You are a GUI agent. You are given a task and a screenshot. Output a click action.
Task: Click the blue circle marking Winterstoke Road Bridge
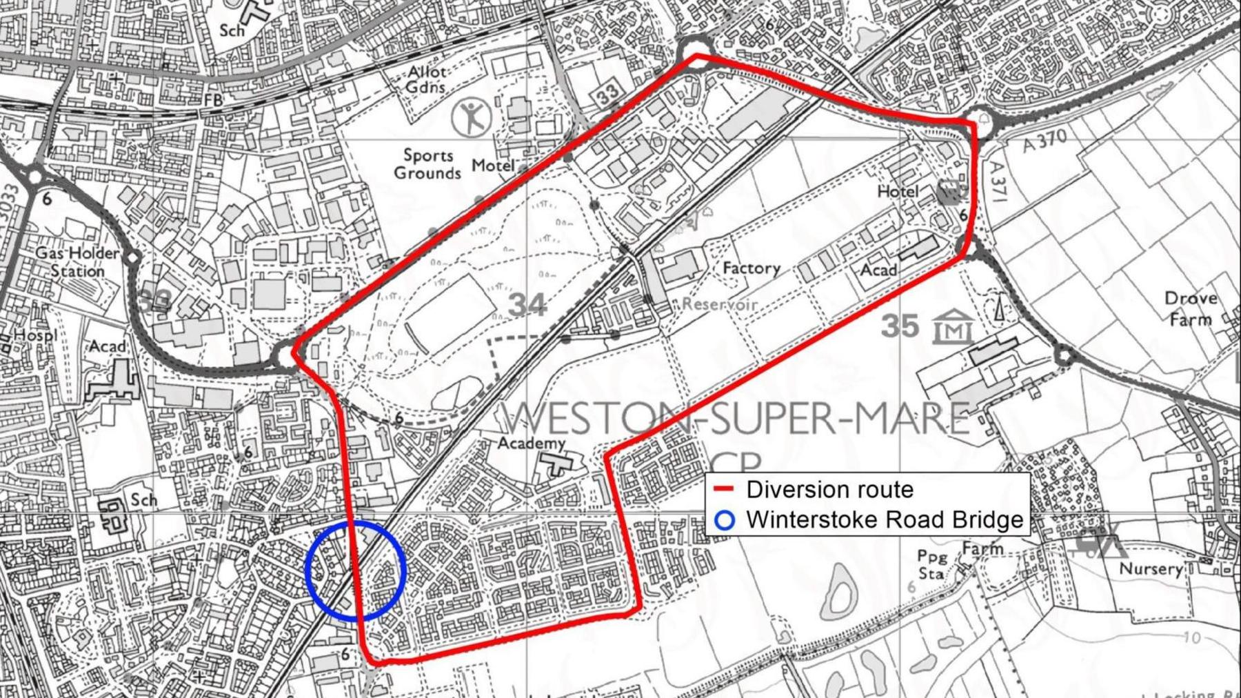point(355,570)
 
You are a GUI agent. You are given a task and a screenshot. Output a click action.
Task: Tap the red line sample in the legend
point(724,489)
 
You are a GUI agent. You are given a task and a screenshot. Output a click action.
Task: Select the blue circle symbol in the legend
point(724,520)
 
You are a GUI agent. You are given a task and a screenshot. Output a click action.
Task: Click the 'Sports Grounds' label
point(427,164)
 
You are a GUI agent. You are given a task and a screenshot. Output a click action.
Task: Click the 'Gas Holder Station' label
point(77,262)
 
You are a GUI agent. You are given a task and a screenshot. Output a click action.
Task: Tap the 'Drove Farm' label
point(1191,308)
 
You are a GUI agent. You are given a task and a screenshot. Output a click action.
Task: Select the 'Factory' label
point(751,268)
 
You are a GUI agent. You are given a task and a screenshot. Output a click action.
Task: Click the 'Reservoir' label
point(720,304)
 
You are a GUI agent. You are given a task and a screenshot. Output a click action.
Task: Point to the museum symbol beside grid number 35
point(954,326)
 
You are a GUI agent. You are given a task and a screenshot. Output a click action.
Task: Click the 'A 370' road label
point(1045,141)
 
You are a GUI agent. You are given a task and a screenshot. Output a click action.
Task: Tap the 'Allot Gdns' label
point(426,79)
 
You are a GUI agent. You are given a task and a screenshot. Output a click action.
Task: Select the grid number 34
point(527,304)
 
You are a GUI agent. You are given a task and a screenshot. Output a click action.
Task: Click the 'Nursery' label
point(1151,569)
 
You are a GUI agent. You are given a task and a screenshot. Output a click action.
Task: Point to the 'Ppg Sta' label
point(932,564)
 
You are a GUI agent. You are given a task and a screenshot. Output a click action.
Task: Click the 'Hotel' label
point(898,191)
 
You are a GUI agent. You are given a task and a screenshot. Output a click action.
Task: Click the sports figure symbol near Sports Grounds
point(472,117)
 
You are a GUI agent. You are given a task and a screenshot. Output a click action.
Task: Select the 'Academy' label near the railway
point(532,442)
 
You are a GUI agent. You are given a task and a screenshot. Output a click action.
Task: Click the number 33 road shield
point(607,94)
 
